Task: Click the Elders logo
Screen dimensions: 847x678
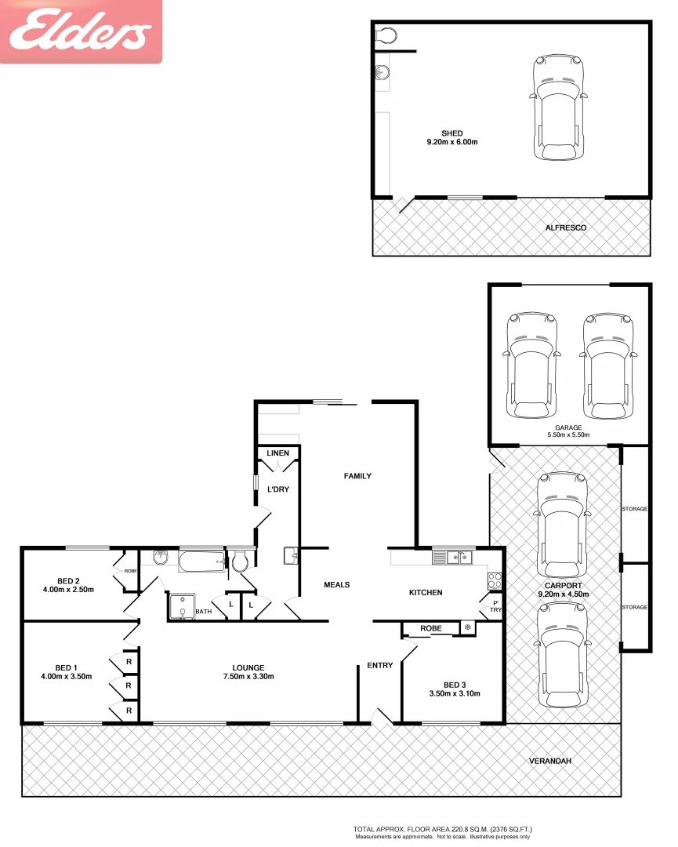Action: coord(81,31)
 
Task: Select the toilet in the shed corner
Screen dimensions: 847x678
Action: coord(386,35)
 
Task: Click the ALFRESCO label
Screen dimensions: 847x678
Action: coord(565,227)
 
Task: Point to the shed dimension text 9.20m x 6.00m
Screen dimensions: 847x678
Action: coord(451,143)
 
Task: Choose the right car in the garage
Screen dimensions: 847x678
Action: coord(607,365)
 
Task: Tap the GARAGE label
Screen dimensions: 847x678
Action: coord(568,427)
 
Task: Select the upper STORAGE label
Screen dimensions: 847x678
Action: coord(635,509)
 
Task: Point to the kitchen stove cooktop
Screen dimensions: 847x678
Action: coord(495,580)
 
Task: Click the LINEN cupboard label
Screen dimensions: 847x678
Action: coord(277,453)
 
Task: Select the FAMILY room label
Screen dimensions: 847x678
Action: coord(357,476)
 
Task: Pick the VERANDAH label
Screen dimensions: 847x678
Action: coord(547,761)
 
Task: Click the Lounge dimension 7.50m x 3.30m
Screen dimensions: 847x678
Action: coord(248,677)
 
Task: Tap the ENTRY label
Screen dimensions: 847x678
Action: coord(380,666)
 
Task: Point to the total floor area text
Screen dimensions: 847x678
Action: coord(443,828)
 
